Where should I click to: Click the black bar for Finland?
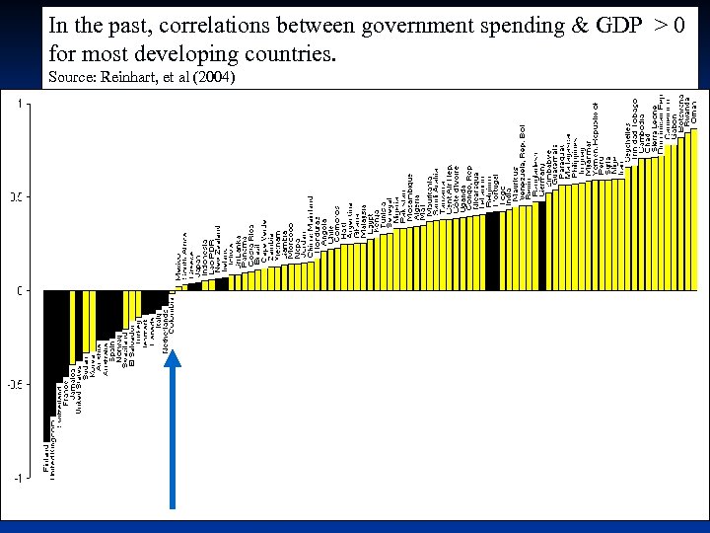click(46, 365)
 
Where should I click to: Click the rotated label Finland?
click(46, 460)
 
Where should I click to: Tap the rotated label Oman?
click(693, 109)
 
